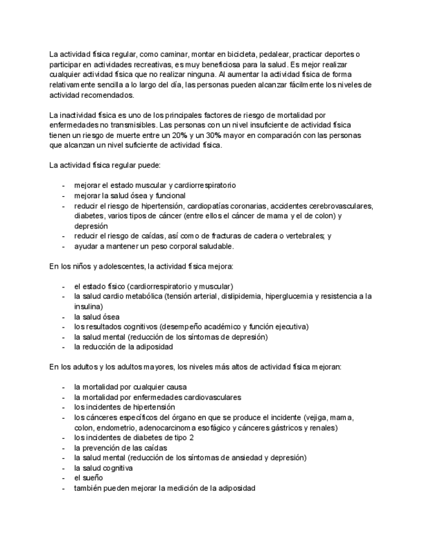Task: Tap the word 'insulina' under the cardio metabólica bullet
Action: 87,306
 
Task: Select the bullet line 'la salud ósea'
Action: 96,317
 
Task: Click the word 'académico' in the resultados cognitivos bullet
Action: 225,326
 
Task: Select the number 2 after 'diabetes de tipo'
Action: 173,438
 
